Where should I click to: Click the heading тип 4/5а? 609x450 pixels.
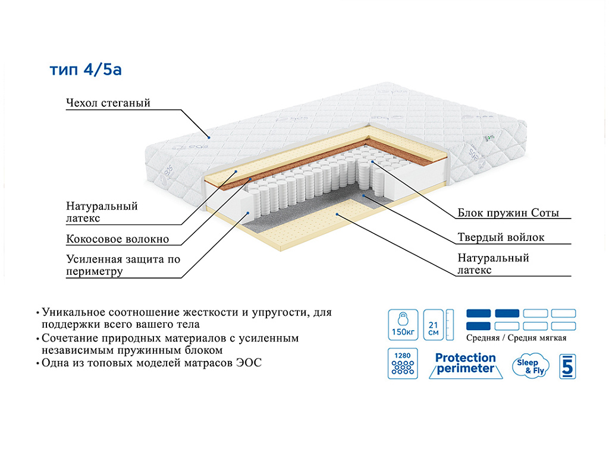86,70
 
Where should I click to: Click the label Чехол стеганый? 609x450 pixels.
108,103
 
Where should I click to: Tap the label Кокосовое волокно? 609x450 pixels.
117,239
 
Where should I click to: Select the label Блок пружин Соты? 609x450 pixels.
508,213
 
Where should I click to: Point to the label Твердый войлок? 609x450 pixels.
501,237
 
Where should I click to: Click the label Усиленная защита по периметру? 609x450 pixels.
123,265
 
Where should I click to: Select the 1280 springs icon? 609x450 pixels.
401,364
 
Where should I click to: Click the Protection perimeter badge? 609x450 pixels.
465,363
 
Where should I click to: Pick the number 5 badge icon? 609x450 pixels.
567,366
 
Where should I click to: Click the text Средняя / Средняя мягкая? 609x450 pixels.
516,338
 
